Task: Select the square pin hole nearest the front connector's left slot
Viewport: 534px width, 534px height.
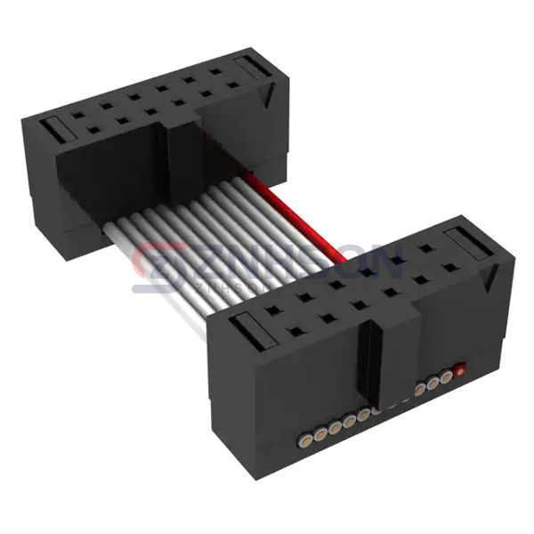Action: click(x=272, y=311)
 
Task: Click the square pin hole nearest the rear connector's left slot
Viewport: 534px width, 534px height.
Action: click(x=78, y=115)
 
